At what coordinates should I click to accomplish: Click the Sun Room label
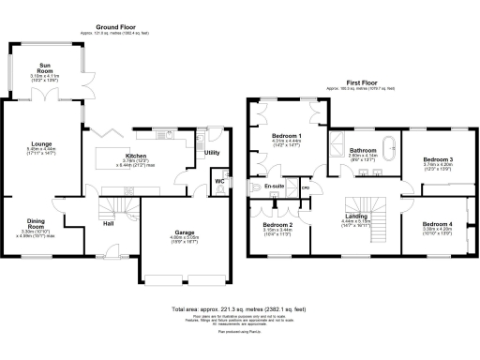(43, 68)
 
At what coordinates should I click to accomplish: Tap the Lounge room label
(27, 143)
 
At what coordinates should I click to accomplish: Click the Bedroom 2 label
(277, 225)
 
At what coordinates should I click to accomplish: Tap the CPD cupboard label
(305, 187)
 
